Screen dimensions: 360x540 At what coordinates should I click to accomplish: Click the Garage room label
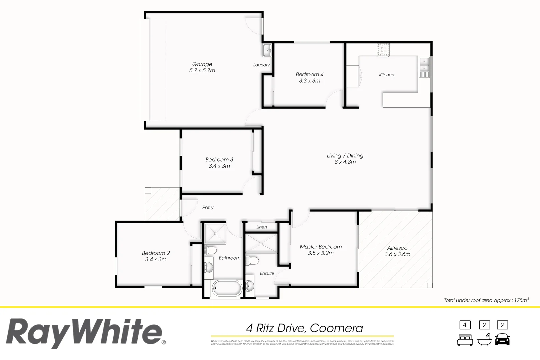point(202,64)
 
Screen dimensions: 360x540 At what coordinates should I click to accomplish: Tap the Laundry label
point(261,65)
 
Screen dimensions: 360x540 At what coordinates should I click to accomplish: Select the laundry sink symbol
point(267,51)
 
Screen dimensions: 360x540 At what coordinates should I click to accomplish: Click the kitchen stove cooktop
point(383,50)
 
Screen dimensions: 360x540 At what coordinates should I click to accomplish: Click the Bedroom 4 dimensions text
point(309,81)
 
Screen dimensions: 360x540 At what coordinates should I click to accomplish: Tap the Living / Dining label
point(345,156)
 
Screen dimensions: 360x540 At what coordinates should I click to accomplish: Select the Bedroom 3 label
point(219,160)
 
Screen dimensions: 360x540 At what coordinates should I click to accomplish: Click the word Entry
point(208,207)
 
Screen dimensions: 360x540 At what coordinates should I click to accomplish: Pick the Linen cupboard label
point(261,227)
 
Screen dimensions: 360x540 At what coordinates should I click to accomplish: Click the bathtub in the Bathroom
point(227,288)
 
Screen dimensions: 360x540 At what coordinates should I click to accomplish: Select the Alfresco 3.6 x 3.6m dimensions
point(397,254)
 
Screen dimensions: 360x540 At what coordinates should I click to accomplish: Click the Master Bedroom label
point(321,247)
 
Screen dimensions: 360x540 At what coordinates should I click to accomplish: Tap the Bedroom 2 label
point(156,253)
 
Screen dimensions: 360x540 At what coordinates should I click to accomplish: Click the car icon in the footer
point(502,339)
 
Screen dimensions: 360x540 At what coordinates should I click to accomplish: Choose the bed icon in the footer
point(465,340)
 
